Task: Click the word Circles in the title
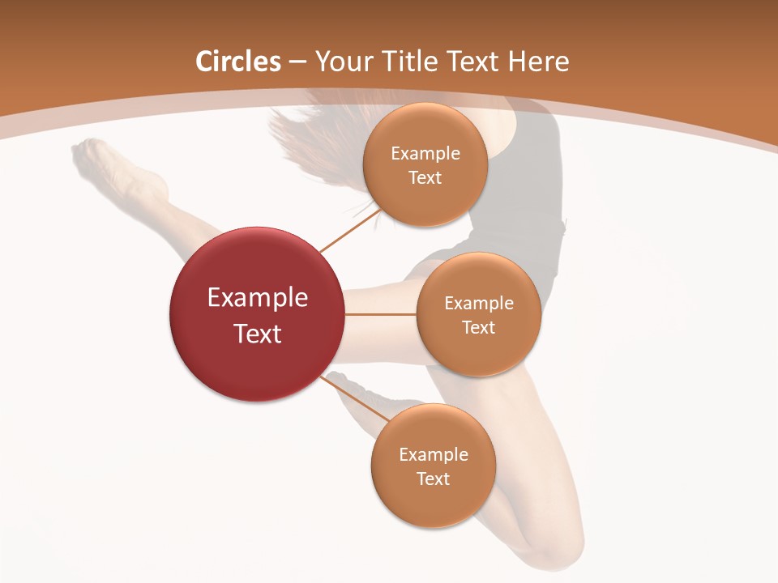click(x=238, y=62)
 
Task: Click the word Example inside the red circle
click(x=258, y=298)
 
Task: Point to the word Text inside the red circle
click(x=258, y=334)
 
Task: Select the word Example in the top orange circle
click(x=425, y=154)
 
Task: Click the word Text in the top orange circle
click(x=425, y=178)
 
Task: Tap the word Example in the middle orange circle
click(x=478, y=304)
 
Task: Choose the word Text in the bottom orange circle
click(x=433, y=479)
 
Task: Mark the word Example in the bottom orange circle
click(x=433, y=455)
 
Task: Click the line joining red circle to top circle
click(x=350, y=231)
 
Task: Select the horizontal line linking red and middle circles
click(x=381, y=314)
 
